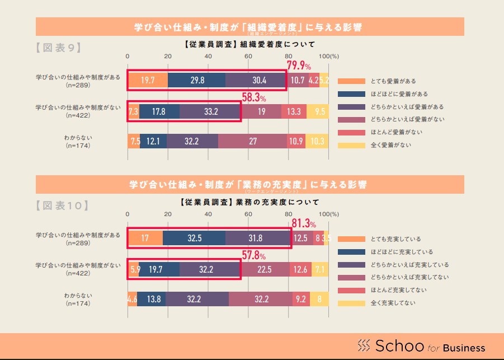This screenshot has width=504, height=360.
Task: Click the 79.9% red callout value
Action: click(299, 66)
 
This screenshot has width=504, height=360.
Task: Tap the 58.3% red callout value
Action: click(253, 97)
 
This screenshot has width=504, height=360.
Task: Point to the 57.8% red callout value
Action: click(253, 255)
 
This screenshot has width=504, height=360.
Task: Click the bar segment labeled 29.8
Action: click(196, 81)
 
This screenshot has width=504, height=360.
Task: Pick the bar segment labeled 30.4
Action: click(256, 81)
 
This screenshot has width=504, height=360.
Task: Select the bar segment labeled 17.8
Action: click(159, 111)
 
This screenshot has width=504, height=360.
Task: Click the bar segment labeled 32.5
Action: click(194, 239)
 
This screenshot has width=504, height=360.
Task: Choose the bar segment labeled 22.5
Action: click(265, 269)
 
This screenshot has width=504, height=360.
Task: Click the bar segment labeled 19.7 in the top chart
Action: click(148, 81)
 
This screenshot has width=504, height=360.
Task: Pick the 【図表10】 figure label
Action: click(62, 205)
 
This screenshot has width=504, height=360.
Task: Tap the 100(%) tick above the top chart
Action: click(329, 57)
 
